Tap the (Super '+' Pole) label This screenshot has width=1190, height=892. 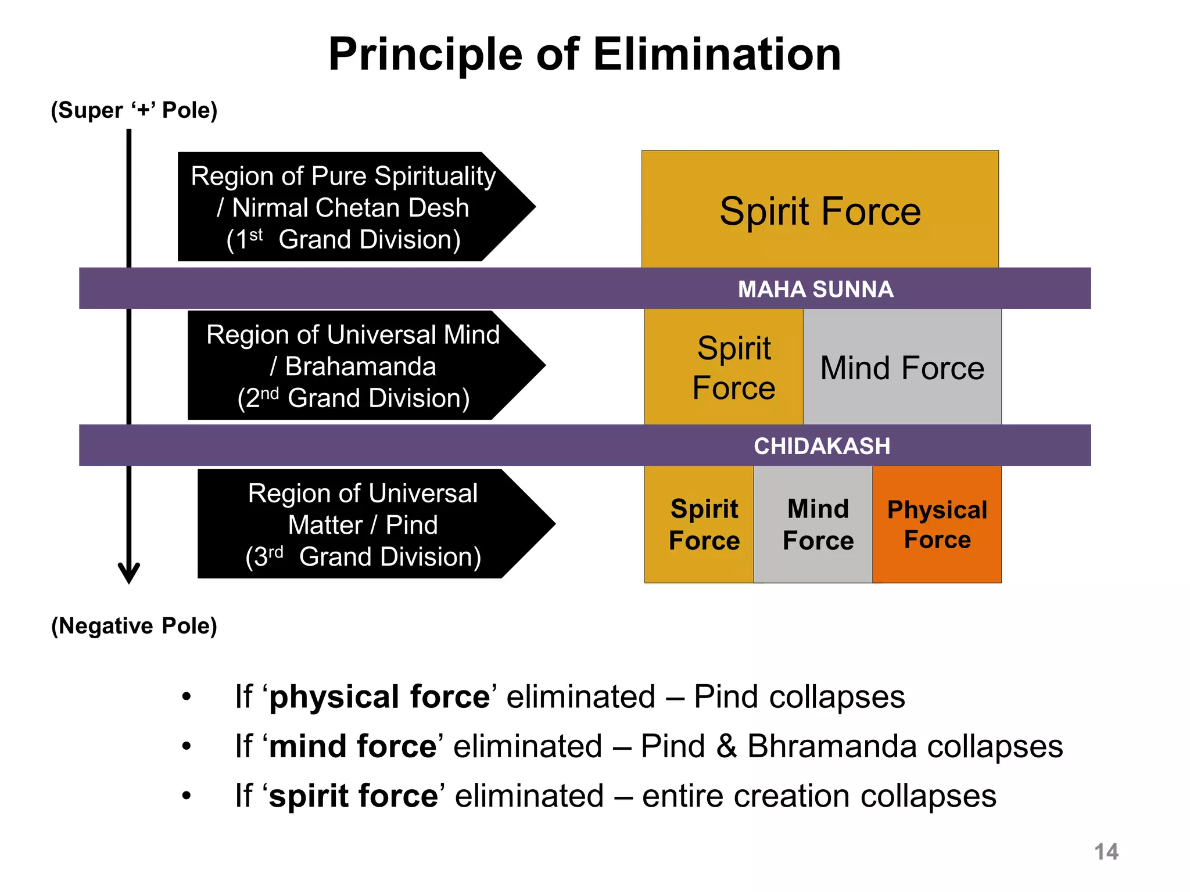(134, 110)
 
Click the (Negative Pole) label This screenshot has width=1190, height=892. (134, 626)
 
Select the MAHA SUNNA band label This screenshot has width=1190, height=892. (815, 289)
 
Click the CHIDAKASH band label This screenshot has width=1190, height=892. (822, 446)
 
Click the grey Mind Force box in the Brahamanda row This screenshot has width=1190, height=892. (902, 368)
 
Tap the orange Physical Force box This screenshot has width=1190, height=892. (937, 524)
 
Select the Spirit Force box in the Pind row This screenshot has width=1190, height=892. (704, 524)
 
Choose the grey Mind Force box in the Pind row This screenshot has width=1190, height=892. (818, 524)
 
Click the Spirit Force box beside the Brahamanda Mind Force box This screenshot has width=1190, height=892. (733, 368)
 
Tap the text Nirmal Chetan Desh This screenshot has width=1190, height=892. (350, 208)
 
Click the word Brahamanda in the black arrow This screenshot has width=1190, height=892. (360, 366)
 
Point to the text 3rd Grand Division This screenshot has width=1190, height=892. (363, 557)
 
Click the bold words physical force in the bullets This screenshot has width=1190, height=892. (380, 696)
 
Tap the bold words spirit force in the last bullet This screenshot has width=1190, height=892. (354, 796)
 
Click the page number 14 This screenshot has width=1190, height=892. (1106, 852)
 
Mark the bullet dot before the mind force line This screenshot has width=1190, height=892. (186, 746)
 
